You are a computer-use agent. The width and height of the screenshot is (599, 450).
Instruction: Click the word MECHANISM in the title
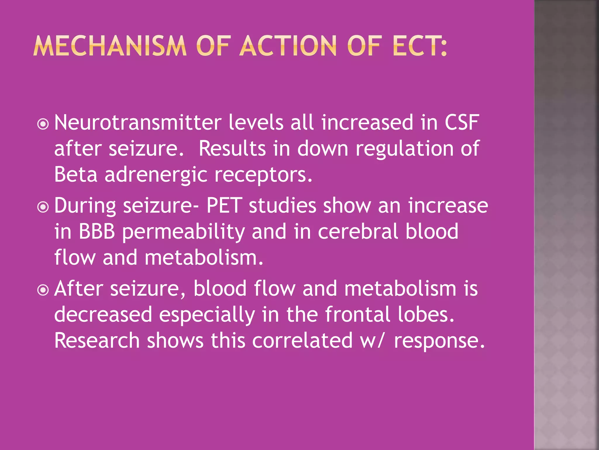110,46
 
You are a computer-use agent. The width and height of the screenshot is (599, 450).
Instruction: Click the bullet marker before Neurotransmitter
43,124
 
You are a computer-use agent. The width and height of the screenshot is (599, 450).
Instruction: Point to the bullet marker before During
43,207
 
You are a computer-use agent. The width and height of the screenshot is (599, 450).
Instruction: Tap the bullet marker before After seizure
43,290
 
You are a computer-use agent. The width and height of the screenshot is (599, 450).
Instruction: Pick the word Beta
75,174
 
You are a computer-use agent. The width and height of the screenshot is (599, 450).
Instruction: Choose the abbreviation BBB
97,231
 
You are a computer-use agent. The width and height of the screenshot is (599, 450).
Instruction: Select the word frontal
357,314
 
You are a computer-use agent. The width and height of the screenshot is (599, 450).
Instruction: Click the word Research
97,340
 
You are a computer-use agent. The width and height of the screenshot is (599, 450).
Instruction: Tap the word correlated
302,340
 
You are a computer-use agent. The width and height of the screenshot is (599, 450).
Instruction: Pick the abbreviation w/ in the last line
371,341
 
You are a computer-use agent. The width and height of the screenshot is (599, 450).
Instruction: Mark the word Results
232,148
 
